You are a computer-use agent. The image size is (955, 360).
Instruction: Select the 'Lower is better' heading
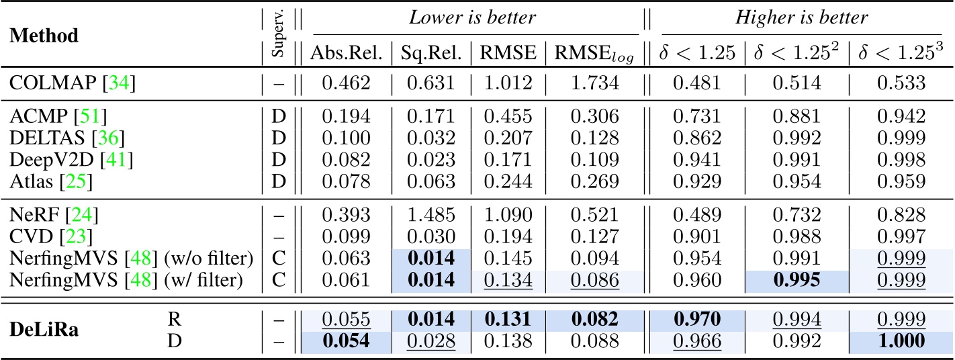(475, 17)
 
